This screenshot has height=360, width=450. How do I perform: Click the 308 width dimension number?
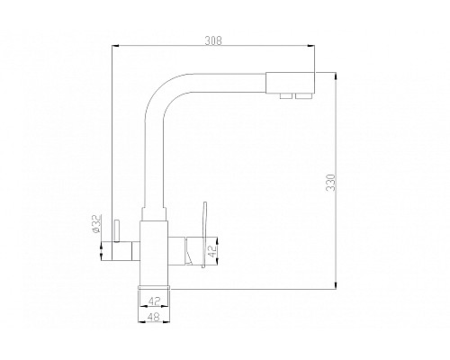212,40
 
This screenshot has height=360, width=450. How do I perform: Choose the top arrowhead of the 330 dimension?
334,73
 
